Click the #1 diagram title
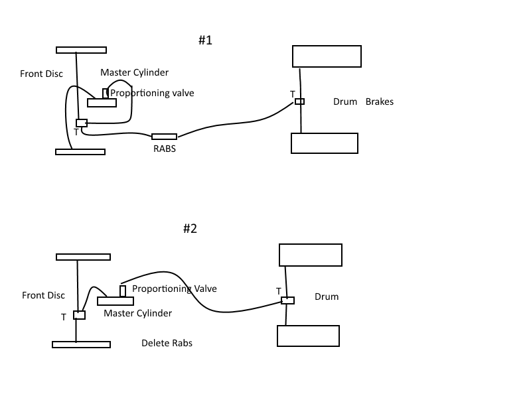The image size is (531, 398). click(x=205, y=40)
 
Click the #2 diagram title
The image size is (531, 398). click(x=190, y=229)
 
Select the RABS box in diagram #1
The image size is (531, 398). click(x=164, y=137)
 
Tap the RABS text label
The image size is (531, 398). click(x=164, y=149)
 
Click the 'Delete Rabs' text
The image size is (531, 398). click(x=167, y=343)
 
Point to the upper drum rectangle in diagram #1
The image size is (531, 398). click(x=327, y=56)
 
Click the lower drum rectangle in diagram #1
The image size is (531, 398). click(x=325, y=143)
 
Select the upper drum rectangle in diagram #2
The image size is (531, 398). click(x=310, y=255)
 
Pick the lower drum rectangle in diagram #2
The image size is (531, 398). click(x=308, y=336)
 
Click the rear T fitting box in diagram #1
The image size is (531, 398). click(x=300, y=101)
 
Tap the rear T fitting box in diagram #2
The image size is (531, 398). click(x=287, y=300)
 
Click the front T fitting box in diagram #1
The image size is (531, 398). click(x=82, y=123)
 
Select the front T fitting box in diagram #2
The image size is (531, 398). click(x=79, y=315)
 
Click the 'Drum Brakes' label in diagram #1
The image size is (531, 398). click(x=363, y=102)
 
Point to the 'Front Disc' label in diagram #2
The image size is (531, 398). click(x=43, y=295)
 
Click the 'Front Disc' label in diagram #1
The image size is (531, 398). click(x=41, y=74)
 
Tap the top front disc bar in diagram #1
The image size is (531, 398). click(x=81, y=50)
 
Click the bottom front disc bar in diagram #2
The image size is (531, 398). click(x=81, y=344)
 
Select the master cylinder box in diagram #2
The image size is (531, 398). click(x=120, y=301)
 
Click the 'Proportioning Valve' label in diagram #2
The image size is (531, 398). click(x=175, y=289)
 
